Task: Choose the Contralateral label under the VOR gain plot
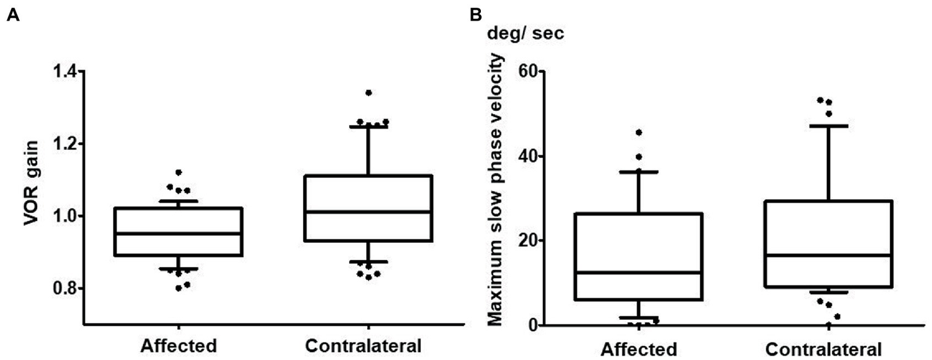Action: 364,346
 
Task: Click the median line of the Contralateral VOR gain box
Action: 369,212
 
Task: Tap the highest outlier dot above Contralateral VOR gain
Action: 369,93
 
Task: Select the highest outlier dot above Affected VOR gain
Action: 179,172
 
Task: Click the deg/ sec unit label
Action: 526,35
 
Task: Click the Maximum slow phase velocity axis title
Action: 497,189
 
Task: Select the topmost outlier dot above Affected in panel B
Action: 639,132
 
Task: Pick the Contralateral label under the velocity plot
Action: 823,350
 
